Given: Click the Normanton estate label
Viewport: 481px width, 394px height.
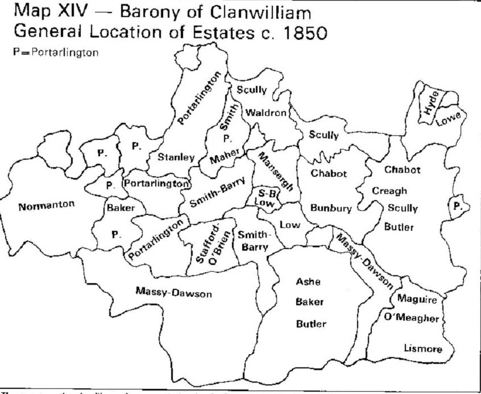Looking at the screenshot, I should pyautogui.click(x=46, y=206).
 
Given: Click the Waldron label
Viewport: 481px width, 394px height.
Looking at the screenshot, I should pyautogui.click(x=266, y=113).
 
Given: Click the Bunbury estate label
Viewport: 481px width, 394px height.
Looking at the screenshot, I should pyautogui.click(x=329, y=208).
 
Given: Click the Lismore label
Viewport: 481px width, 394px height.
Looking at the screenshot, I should pyautogui.click(x=421, y=349).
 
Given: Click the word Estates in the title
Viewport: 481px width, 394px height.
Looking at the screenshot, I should pyautogui.click(x=194, y=33).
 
